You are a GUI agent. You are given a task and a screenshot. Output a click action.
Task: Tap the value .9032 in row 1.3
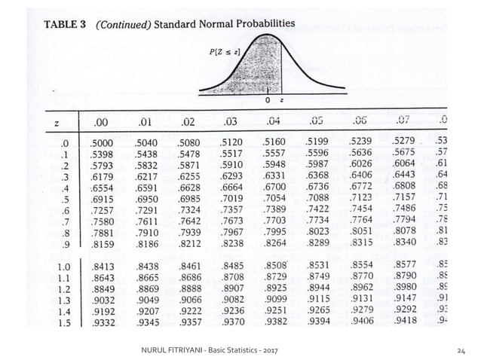point(103,300)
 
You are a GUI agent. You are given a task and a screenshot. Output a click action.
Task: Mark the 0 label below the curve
point(268,99)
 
